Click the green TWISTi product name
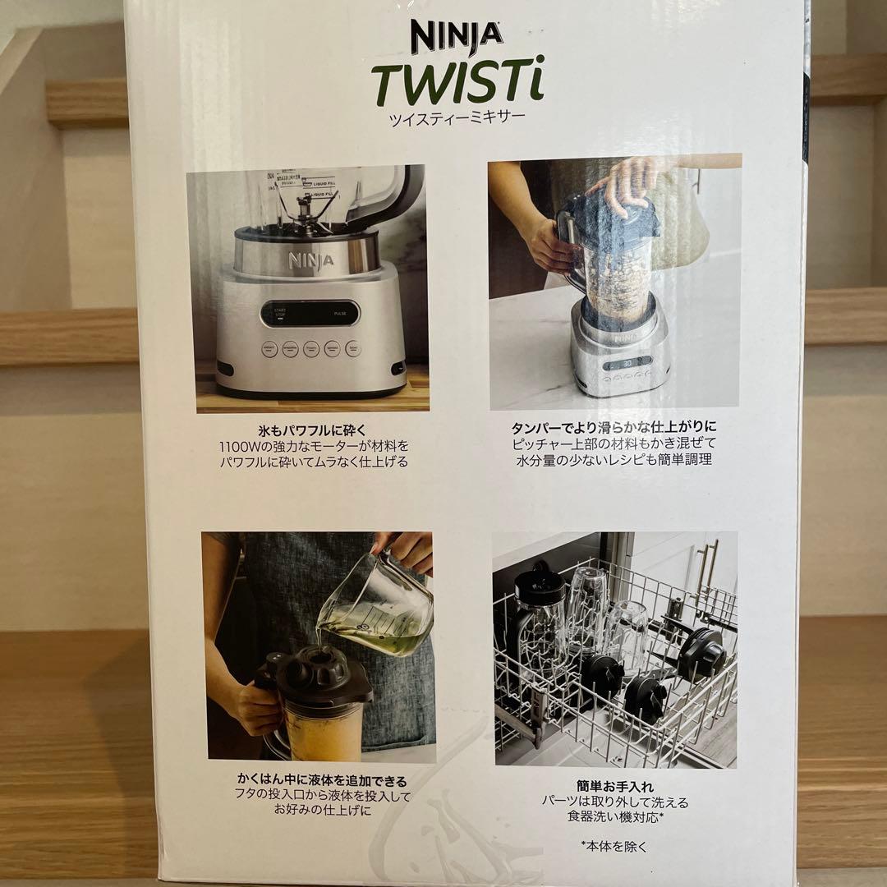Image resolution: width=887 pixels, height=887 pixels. [x=457, y=84]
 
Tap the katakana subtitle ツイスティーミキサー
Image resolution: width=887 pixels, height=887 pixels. [x=457, y=117]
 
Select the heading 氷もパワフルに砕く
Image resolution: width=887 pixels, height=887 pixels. [x=311, y=430]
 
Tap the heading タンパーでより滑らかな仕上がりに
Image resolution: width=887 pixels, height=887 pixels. [x=614, y=427]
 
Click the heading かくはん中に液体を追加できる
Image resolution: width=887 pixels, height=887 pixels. [x=322, y=781]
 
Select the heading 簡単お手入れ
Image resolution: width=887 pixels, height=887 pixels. [x=614, y=786]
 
